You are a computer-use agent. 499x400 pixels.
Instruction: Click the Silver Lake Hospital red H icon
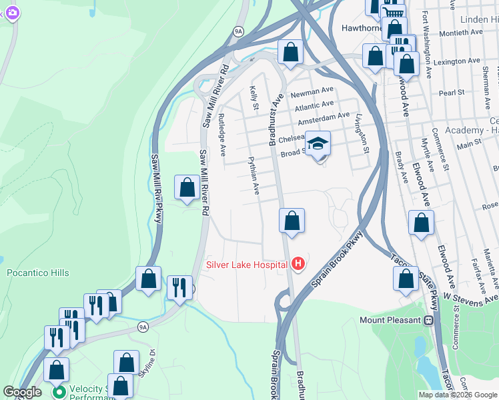(298, 265)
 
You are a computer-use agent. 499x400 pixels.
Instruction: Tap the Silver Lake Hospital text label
(246, 265)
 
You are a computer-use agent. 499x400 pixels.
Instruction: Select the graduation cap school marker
(318, 144)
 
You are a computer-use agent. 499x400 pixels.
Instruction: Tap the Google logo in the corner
(22, 392)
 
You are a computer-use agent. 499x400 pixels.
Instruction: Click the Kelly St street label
(254, 98)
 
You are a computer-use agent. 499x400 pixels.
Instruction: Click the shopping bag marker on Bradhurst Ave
(292, 221)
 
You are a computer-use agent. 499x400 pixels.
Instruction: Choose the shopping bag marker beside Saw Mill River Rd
(186, 188)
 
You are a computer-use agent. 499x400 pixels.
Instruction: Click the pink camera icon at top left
(11, 13)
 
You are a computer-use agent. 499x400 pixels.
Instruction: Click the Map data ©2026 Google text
(458, 394)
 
